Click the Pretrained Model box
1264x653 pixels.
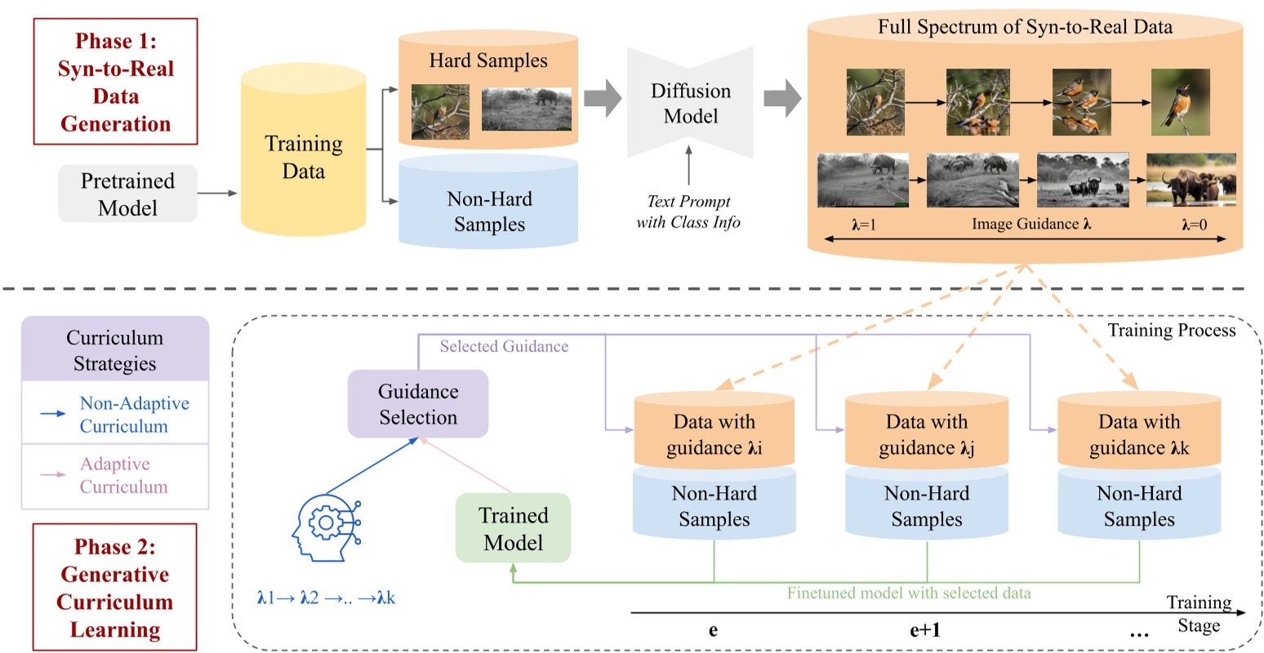pyautogui.click(x=127, y=193)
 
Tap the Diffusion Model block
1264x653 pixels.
pyautogui.click(x=690, y=104)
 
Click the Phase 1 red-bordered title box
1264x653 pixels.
pyautogui.click(x=115, y=82)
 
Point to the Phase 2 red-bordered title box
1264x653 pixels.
pyautogui.click(x=114, y=587)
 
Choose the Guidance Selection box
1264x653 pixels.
pyautogui.click(x=418, y=404)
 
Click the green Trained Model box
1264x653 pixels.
pyautogui.click(x=513, y=528)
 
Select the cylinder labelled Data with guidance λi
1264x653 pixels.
pyautogui.click(x=714, y=433)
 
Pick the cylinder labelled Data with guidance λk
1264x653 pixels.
pyautogui.click(x=1138, y=433)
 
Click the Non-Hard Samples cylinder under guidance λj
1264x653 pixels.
pyautogui.click(x=926, y=506)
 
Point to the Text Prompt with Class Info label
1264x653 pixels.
pyautogui.click(x=688, y=211)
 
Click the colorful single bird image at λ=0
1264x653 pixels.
pyautogui.click(x=1180, y=102)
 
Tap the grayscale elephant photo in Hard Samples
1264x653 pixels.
pyautogui.click(x=526, y=109)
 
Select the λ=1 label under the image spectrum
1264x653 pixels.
pyautogui.click(x=863, y=224)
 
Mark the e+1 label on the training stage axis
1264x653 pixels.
pyautogui.click(x=924, y=630)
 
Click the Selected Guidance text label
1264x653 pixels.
pyautogui.click(x=504, y=347)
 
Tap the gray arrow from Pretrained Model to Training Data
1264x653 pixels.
pyautogui.click(x=217, y=193)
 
